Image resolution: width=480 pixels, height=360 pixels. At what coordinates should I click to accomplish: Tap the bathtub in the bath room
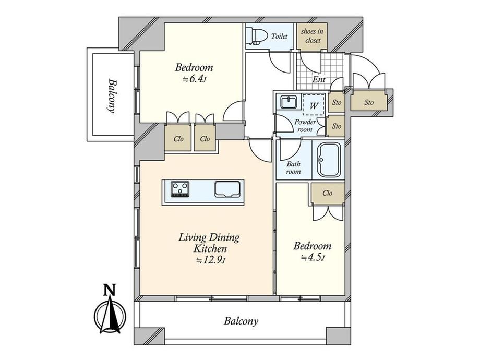[x=329, y=160]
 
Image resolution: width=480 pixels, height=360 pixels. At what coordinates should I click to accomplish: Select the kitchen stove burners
[x=180, y=189]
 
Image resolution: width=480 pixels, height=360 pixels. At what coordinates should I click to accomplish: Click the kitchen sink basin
[x=227, y=189]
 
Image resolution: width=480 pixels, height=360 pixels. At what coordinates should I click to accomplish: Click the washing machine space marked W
[x=314, y=105]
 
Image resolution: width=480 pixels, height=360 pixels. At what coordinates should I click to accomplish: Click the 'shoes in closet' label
[x=312, y=36]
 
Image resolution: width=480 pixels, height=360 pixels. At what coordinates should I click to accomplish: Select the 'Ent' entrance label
[x=319, y=80]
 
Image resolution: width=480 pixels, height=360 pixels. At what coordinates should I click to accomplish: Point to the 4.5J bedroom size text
[x=313, y=257]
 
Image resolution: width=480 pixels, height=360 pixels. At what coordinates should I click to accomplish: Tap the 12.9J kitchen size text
[x=211, y=260]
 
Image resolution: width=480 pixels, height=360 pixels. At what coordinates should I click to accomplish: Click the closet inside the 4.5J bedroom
[x=328, y=193]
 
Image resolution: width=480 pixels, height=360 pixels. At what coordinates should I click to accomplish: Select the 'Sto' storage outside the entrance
[x=369, y=102]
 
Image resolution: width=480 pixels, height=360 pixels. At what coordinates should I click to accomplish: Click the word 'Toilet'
[x=279, y=36]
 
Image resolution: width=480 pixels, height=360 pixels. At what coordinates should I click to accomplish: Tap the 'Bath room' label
[x=293, y=168]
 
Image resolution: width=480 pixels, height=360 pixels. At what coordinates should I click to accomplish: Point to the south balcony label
[x=241, y=321]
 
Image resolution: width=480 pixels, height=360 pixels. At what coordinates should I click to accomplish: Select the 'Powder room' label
[x=305, y=126]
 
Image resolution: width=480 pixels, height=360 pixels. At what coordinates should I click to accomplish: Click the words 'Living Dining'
[x=209, y=237]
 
